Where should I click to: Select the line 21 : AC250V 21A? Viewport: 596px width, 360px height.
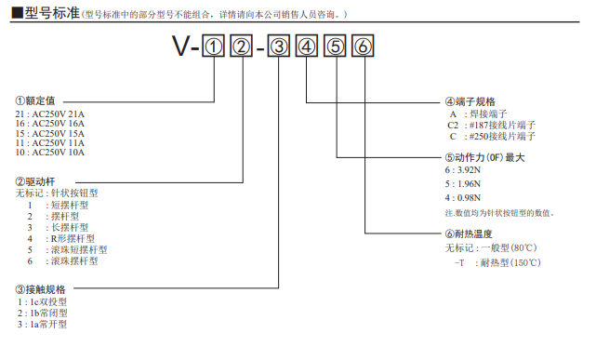(50, 113)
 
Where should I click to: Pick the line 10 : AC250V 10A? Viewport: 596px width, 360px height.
(50, 152)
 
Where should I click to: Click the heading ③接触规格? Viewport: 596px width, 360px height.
(41, 289)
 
